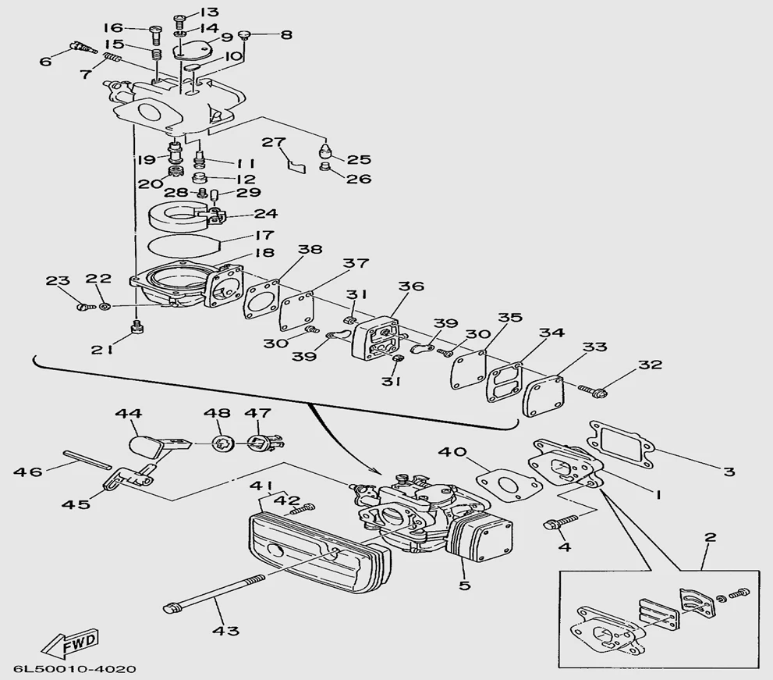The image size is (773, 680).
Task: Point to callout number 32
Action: (x=650, y=365)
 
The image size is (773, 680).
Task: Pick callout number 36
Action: (x=413, y=287)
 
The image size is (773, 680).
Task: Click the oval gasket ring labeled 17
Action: (x=184, y=244)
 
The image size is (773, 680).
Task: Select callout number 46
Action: (x=28, y=471)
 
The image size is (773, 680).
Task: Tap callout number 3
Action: (x=729, y=471)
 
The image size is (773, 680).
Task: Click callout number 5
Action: (x=464, y=585)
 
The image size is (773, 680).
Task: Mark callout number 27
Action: (x=272, y=142)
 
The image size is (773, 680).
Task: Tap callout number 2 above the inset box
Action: (x=709, y=537)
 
